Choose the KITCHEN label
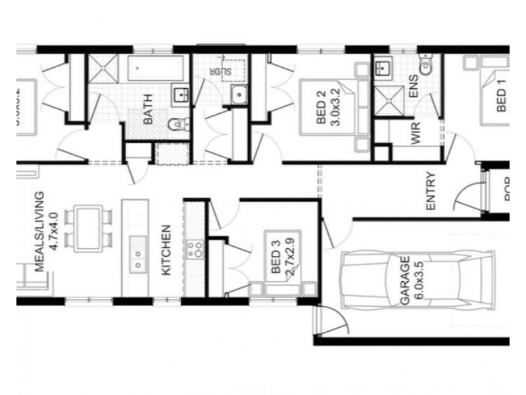(166, 250)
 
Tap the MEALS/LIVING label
(40, 232)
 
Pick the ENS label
(414, 91)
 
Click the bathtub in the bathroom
(156, 68)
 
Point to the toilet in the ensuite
(427, 66)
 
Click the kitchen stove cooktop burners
(195, 249)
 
